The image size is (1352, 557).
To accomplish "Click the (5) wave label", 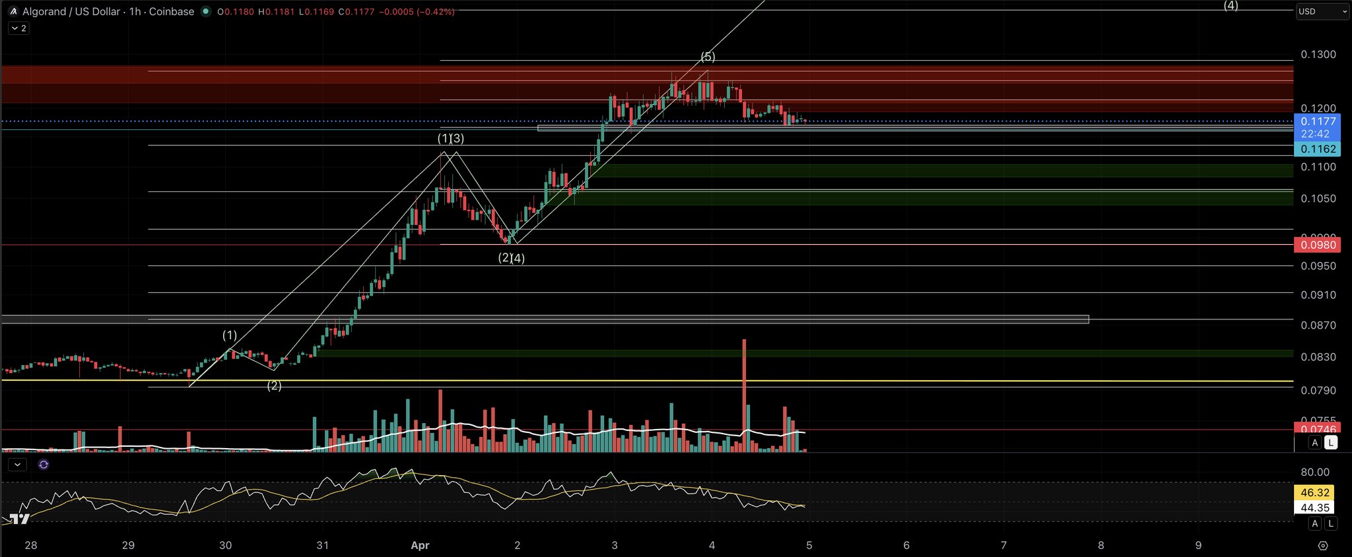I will [x=708, y=57].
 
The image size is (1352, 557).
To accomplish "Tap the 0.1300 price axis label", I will [x=1318, y=54].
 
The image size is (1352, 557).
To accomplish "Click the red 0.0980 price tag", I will [x=1318, y=245].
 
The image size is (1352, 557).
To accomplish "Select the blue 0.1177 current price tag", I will [x=1318, y=121].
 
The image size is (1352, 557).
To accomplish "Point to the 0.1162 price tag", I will [x=1318, y=149].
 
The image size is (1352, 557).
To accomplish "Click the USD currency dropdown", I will [x=1322, y=11].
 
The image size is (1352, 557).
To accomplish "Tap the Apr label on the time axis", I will [x=420, y=545].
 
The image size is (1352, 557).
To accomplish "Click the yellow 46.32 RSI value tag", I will [x=1314, y=492].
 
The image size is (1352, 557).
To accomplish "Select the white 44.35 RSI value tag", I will [x=1314, y=508].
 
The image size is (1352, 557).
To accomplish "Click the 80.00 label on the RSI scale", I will [x=1314, y=472].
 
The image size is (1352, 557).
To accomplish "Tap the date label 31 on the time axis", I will [x=322, y=545].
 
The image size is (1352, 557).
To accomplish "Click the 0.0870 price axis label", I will [x=1318, y=325].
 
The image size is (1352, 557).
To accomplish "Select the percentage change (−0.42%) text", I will [x=435, y=12].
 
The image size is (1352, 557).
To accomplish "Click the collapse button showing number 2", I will [x=18, y=28].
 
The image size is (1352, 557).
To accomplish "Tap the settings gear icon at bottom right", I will [x=1322, y=545].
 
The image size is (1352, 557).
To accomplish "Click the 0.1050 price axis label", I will [x=1318, y=199].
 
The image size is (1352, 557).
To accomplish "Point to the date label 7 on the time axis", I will [x=1003, y=545].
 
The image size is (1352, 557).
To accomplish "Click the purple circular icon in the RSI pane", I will [x=44, y=465].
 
